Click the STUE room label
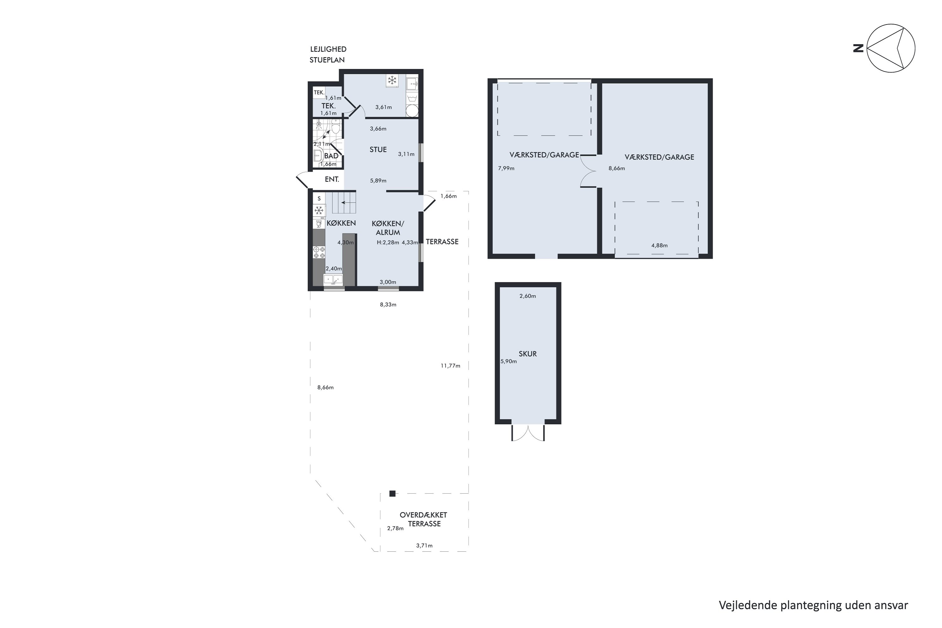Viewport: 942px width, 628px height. [378, 150]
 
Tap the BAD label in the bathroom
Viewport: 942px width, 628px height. [331, 156]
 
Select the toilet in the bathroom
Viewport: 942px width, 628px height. [336, 127]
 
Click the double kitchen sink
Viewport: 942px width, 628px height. [333, 279]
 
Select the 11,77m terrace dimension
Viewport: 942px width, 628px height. [451, 366]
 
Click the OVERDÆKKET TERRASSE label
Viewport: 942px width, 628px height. [423, 519]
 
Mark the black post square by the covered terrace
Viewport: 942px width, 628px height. [392, 493]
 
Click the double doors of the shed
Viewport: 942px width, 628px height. [528, 433]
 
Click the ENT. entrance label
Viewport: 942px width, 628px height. [332, 179]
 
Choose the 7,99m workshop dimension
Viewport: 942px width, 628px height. [506, 168]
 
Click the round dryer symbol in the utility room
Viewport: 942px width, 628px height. [412, 111]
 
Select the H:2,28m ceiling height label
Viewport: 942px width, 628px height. [388, 242]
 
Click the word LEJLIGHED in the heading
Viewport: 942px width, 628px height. [328, 49]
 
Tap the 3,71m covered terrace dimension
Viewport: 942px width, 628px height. [424, 545]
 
